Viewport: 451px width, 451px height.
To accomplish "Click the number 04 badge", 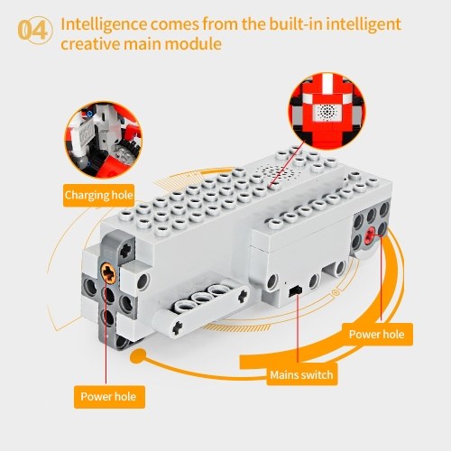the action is pyautogui.click(x=35, y=31).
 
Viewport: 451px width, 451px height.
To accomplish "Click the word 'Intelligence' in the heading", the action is pyautogui.click(x=104, y=24).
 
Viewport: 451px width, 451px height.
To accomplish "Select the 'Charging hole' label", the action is pyautogui.click(x=98, y=196).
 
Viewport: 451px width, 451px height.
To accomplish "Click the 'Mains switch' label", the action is pyautogui.click(x=301, y=375).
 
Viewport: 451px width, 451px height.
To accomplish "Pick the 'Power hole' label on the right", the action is pyautogui.click(x=377, y=335).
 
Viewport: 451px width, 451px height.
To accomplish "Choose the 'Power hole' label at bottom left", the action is pyautogui.click(x=108, y=397).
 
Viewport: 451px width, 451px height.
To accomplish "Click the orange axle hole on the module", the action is pyautogui.click(x=108, y=272).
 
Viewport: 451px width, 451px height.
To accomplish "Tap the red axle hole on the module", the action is pyautogui.click(x=371, y=235).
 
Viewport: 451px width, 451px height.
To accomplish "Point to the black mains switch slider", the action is pyautogui.click(x=295, y=290).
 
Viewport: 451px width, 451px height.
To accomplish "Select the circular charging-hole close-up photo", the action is pyautogui.click(x=104, y=140).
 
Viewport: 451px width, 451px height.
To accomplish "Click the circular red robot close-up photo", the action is pyautogui.click(x=327, y=112).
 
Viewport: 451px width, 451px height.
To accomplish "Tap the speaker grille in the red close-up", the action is pyautogui.click(x=327, y=112).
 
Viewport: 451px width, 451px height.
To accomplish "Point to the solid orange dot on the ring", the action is pyautogui.click(x=138, y=356).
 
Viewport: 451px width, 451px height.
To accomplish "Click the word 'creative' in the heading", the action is pyautogui.click(x=89, y=44).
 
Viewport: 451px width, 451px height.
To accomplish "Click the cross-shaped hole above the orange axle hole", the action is pyautogui.click(x=126, y=249).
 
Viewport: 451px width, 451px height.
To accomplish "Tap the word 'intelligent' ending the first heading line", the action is pyautogui.click(x=364, y=24).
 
